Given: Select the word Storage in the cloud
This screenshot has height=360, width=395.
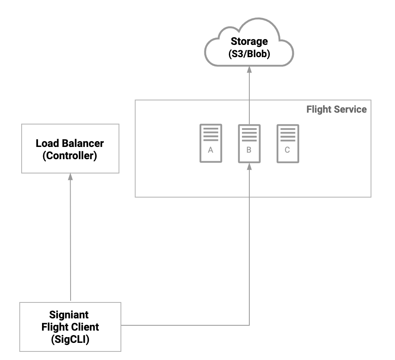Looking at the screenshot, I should click(x=249, y=41).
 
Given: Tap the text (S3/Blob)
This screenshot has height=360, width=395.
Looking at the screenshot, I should click(x=249, y=53).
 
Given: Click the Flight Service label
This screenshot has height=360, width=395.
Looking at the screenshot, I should click(x=336, y=109).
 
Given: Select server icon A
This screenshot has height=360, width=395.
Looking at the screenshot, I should click(x=211, y=143).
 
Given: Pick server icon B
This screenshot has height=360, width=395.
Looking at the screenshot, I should click(x=249, y=143).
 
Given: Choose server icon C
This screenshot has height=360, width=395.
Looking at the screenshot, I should click(x=287, y=143).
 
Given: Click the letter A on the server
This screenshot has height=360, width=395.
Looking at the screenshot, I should click(x=211, y=150).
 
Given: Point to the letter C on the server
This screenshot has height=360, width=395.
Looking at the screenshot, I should click(x=287, y=150).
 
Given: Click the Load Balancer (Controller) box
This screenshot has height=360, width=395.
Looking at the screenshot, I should click(x=70, y=149).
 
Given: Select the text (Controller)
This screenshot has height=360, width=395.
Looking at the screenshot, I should click(x=70, y=156).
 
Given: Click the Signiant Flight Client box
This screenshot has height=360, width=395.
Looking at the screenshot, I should click(x=70, y=327).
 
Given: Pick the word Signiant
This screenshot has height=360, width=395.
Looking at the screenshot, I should click(x=69, y=315).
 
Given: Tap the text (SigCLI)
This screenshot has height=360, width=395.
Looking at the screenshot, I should click(x=70, y=339).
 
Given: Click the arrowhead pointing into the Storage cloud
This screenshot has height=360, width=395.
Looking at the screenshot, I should click(x=249, y=70).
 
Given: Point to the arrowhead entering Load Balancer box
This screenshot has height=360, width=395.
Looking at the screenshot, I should click(x=70, y=176).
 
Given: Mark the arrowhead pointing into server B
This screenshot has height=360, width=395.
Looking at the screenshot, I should click(x=249, y=166).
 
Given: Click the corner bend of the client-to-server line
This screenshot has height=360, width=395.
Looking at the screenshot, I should click(x=249, y=325).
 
